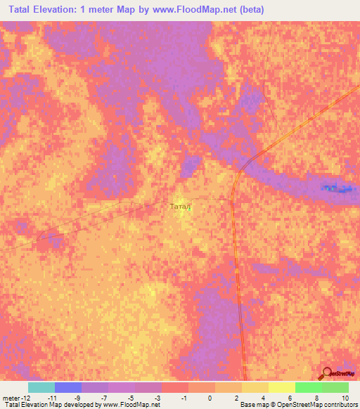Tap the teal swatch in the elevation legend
click(x=41, y=387)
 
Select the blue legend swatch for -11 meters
click(x=67, y=387)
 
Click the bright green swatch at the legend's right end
click(x=335, y=387)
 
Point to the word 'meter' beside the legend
click(x=13, y=398)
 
